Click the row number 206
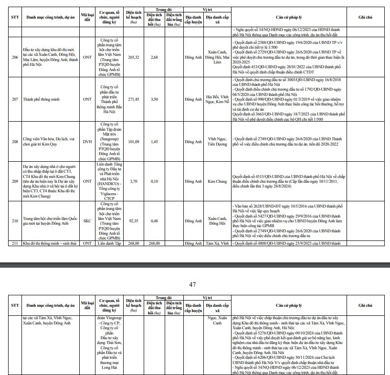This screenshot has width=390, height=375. click(x=15, y=57)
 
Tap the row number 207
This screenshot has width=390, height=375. click(x=15, y=99)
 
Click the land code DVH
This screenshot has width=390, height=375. click(x=87, y=142)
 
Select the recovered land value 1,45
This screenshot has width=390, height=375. click(x=154, y=142)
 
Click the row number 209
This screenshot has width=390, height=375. click(x=15, y=181)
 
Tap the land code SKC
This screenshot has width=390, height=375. click(x=87, y=221)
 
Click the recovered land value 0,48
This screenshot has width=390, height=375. click(x=154, y=221)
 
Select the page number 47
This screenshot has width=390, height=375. click(x=193, y=284)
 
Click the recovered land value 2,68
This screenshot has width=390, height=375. click(x=154, y=57)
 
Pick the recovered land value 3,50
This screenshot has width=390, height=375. click(x=154, y=99)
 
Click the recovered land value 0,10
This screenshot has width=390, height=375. click(x=154, y=181)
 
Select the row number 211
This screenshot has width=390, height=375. click(x=15, y=243)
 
